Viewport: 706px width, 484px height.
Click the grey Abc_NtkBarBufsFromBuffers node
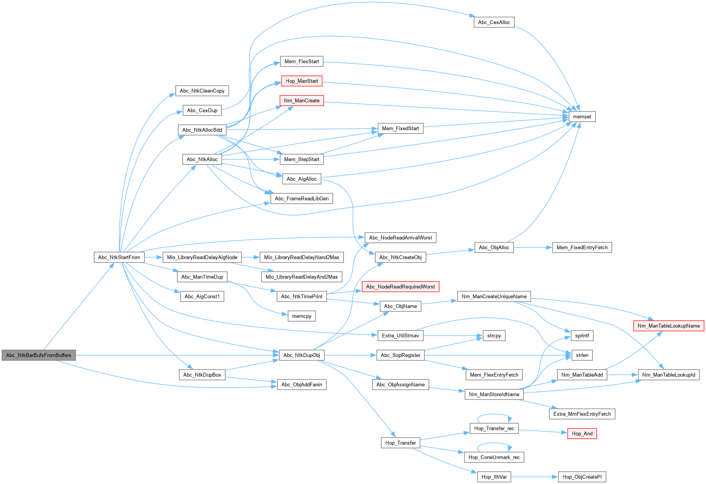coord(39,355)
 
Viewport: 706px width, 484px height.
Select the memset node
coord(582,117)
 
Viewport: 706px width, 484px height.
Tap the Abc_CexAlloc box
coord(494,22)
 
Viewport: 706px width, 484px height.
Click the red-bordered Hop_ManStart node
coord(302,81)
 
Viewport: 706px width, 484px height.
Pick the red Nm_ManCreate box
coord(302,101)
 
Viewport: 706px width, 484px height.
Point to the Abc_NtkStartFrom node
coord(119,257)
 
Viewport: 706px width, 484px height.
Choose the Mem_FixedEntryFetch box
coord(582,248)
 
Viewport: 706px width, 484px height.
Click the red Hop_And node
coord(582,434)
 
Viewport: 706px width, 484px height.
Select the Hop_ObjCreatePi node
coord(582,477)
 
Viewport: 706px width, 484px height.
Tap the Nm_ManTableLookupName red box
coord(669,326)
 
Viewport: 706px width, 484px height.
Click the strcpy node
coord(494,336)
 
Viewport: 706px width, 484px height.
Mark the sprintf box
coord(582,336)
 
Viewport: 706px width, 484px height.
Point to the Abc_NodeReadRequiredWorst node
coord(400,287)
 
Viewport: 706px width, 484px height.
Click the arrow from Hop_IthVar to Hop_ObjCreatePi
coord(535,477)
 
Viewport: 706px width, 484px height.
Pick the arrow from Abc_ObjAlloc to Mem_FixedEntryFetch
coord(533,248)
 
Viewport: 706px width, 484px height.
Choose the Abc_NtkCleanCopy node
coord(202,91)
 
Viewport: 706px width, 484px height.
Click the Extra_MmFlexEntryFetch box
coord(582,414)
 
